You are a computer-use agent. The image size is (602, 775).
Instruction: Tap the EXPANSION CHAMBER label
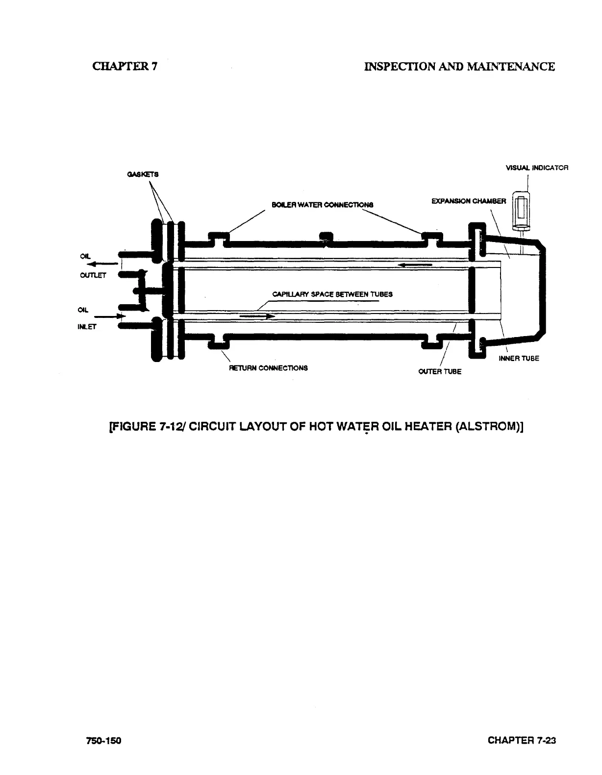468,201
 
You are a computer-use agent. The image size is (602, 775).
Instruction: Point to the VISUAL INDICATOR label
537,168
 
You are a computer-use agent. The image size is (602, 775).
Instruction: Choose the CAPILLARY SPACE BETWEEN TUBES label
332,294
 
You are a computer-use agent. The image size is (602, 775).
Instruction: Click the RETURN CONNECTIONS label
269,367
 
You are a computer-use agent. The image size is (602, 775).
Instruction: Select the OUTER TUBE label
440,371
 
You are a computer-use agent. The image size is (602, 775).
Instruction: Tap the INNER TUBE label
519,358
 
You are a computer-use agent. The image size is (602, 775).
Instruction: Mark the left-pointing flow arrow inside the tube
415,265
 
